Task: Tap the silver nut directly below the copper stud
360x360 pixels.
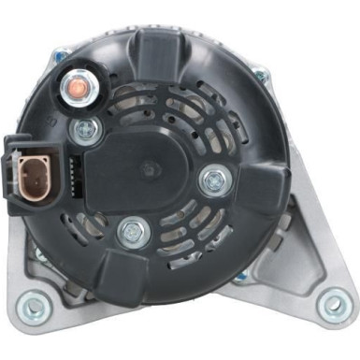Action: [x=88, y=129]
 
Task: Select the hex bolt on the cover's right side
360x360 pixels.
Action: [x=214, y=178]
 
